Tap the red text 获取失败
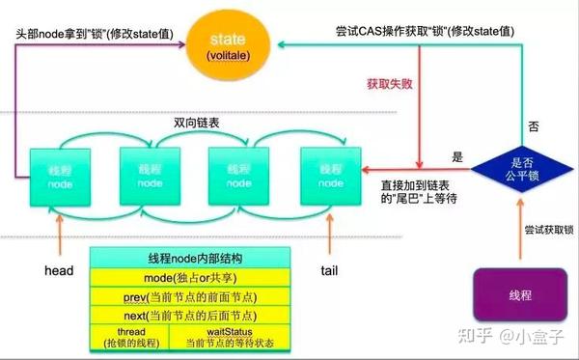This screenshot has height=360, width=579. coord(389,84)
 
